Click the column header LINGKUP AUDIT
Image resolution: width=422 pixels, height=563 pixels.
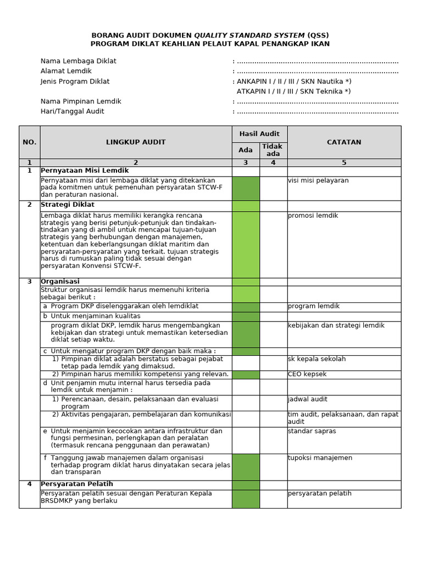136,142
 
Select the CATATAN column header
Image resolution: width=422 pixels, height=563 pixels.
344,142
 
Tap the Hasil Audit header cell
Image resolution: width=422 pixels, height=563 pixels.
259,134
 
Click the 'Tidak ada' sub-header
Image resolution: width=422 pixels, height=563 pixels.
273,150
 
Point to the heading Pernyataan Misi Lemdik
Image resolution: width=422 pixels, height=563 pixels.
85,171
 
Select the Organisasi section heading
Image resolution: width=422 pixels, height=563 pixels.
60,281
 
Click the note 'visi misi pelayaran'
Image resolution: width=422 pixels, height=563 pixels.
318,180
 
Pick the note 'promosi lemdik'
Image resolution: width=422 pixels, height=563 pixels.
313,216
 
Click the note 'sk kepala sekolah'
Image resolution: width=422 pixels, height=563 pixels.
316,359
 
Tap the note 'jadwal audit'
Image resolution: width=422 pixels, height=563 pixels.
308,399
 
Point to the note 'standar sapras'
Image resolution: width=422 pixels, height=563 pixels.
312,431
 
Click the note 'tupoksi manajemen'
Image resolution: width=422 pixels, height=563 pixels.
320,458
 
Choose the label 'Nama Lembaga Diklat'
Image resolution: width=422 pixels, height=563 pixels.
78,61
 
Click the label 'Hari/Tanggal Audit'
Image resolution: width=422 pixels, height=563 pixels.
72,111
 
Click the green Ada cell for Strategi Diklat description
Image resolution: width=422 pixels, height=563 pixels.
246,244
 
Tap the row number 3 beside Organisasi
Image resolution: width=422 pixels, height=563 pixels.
29,281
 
